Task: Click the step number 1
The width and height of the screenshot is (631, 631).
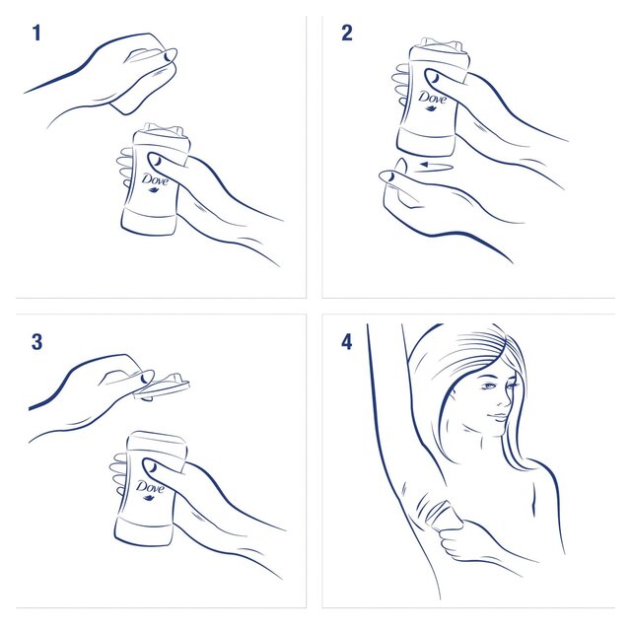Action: [x=36, y=34]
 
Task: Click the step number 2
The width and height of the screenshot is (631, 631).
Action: [x=346, y=34]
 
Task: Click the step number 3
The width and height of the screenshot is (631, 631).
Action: [x=36, y=342]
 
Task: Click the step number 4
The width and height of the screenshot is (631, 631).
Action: [x=346, y=342]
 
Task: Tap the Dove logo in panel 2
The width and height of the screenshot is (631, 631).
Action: [x=432, y=100]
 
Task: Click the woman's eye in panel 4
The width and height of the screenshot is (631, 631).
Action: [x=490, y=386]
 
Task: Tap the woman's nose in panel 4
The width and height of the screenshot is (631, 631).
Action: [x=506, y=399]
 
